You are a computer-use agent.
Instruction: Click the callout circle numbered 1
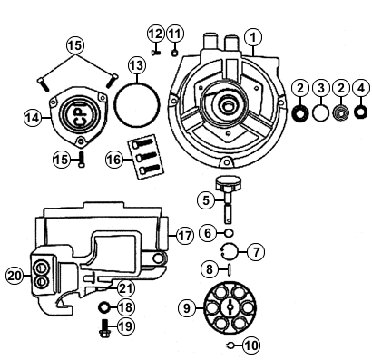252,37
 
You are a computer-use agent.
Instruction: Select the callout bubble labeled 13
137,65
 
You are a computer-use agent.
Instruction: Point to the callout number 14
33,118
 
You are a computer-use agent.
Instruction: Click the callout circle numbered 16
114,160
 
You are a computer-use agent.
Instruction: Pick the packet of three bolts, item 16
146,157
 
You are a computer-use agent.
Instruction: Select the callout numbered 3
320,88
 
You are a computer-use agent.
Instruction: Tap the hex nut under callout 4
360,112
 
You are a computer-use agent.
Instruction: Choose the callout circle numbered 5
206,200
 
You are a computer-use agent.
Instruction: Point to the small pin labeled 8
230,269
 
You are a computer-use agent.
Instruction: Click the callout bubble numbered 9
187,308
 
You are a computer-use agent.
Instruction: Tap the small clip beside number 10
230,345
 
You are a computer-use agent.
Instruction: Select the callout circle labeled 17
185,236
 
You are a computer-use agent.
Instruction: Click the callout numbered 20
15,276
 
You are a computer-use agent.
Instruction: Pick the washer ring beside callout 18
105,307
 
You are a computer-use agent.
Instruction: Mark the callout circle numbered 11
174,34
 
